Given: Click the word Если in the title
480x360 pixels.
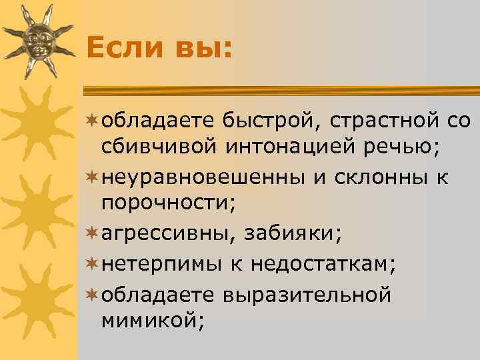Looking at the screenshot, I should coord(125,47).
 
